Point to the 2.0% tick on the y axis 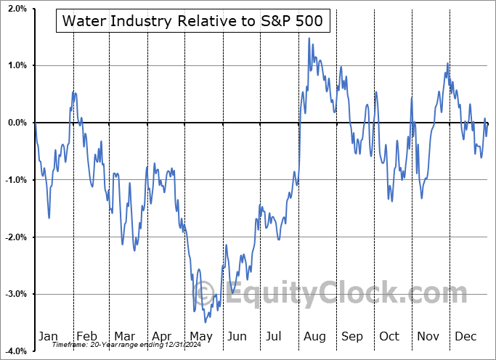click(16, 9)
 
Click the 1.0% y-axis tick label click(16, 65)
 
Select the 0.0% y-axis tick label click(16, 123)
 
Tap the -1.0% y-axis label click(15, 180)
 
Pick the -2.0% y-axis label click(15, 237)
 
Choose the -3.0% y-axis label click(15, 295)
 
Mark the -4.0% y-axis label click(15, 351)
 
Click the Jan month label click(47, 337)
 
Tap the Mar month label click(124, 337)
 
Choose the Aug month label click(315, 337)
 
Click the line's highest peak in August click(309, 38)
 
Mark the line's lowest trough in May click(206, 322)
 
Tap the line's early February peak click(73, 92)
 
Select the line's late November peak click(447, 63)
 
